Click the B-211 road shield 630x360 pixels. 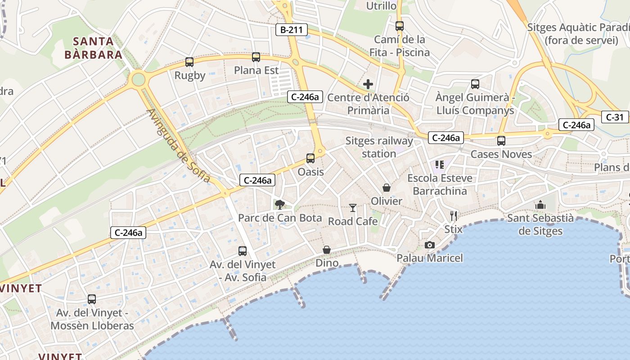[292, 30]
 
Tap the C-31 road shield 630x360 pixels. [614, 117]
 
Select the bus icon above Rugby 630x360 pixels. [189, 62]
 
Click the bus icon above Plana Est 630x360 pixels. [256, 57]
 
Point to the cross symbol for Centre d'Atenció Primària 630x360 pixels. [368, 84]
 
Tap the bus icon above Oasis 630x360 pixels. [310, 158]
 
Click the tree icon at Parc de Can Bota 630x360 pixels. [280, 205]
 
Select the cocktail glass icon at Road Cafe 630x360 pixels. [353, 207]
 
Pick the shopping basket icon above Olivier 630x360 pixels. [387, 187]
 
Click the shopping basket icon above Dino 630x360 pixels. [327, 250]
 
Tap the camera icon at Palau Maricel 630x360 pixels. [430, 245]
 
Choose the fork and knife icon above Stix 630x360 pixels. [454, 216]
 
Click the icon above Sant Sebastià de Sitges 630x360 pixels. [540, 205]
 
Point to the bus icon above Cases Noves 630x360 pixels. [501, 141]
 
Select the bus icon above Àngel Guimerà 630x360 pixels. [475, 84]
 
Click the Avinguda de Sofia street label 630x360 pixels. [179, 146]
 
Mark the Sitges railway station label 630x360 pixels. [379, 147]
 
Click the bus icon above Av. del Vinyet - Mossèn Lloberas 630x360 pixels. [92, 299]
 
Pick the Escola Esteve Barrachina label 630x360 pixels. [440, 184]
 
